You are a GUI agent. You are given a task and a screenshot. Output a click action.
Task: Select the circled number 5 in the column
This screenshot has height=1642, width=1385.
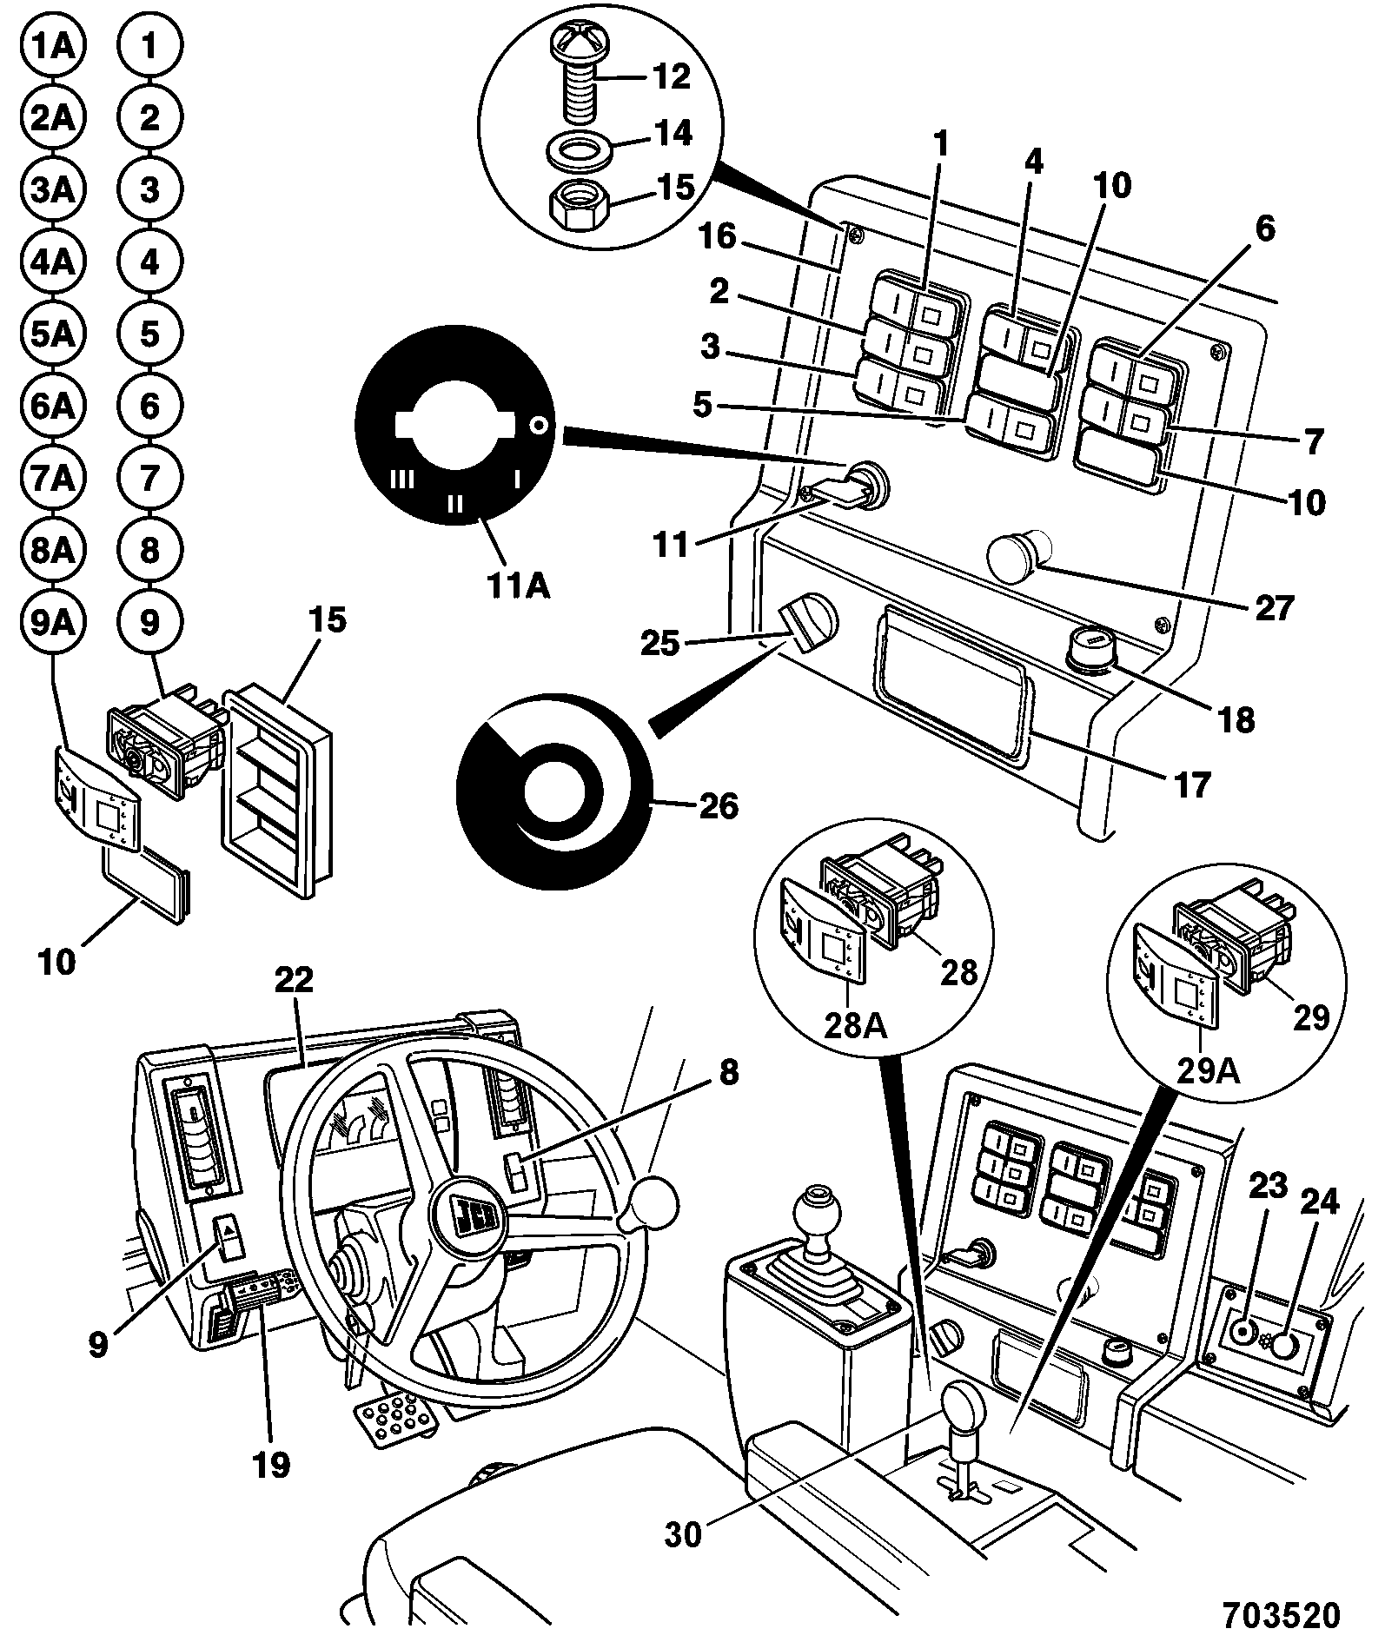click(x=149, y=334)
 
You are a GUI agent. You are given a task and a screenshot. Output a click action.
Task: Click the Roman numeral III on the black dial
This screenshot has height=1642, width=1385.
click(x=403, y=479)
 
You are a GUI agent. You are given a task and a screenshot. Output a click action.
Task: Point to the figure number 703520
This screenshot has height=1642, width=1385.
click(x=1282, y=1615)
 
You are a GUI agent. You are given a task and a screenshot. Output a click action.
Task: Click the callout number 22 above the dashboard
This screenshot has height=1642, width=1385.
click(x=295, y=980)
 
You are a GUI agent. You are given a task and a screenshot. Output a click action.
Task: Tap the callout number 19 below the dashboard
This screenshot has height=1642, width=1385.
click(x=270, y=1465)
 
